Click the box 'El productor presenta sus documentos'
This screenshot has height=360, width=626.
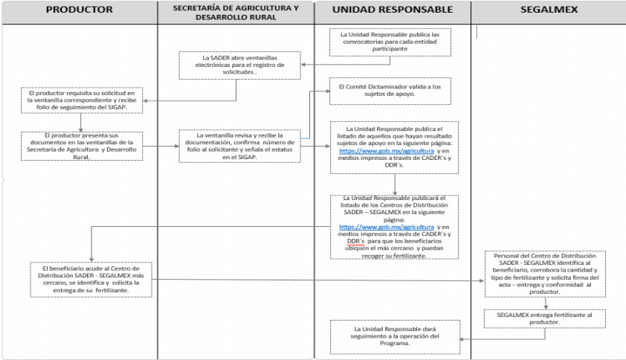(x=83, y=146)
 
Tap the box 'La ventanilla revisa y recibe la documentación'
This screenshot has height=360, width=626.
(x=237, y=146)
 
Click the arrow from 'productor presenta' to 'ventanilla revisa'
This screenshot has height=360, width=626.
(x=160, y=147)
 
